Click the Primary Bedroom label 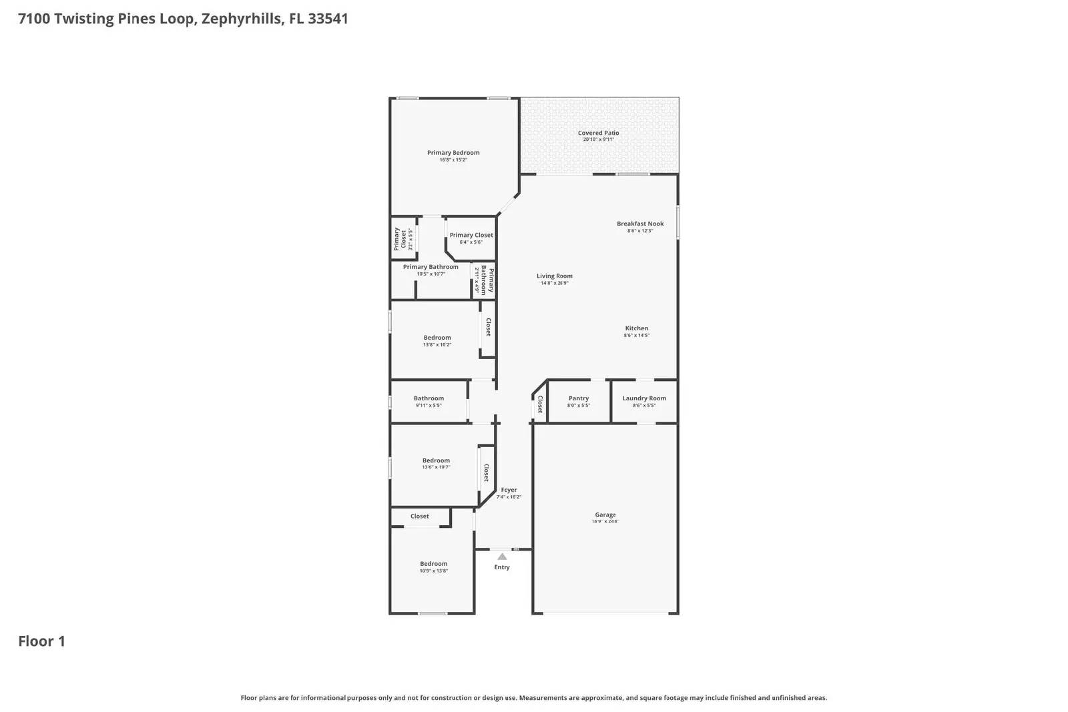pyautogui.click(x=453, y=153)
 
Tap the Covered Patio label pyautogui.click(x=598, y=133)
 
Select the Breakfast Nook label pyautogui.click(x=640, y=224)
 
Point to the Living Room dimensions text pyautogui.click(x=554, y=284)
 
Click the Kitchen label pyautogui.click(x=636, y=328)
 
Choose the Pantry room pyautogui.click(x=578, y=401)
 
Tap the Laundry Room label pyautogui.click(x=644, y=398)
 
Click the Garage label pyautogui.click(x=605, y=514)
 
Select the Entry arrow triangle pyautogui.click(x=502, y=557)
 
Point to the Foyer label pyautogui.click(x=509, y=490)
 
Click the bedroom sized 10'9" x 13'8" pyautogui.click(x=433, y=567)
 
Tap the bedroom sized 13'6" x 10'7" pyautogui.click(x=436, y=463)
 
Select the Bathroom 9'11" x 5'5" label pyautogui.click(x=429, y=398)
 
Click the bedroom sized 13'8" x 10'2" pyautogui.click(x=437, y=340)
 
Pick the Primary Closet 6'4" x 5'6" pyautogui.click(x=471, y=238)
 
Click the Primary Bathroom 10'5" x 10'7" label pyautogui.click(x=431, y=267)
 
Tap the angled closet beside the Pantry pyautogui.click(x=540, y=404)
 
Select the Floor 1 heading pyautogui.click(x=41, y=641)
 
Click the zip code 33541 pyautogui.click(x=328, y=19)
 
